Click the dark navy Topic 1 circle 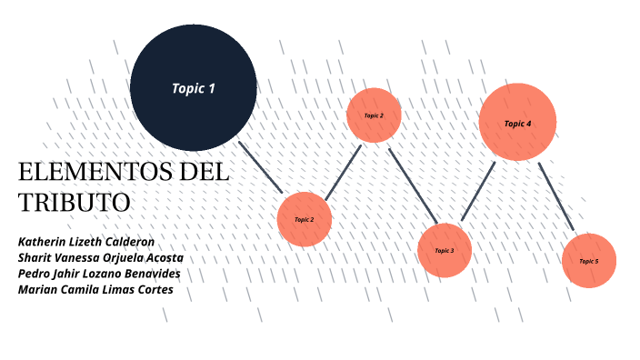click(193, 88)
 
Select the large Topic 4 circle click(517, 122)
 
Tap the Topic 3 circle click(445, 250)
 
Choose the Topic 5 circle click(589, 261)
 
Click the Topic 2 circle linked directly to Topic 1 click(305, 219)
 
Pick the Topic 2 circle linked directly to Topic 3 click(374, 115)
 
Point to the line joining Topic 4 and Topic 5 click(555, 196)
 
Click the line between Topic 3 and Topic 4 click(477, 192)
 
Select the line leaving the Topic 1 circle click(261, 166)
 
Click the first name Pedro click(35, 274)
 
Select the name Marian click(40, 290)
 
